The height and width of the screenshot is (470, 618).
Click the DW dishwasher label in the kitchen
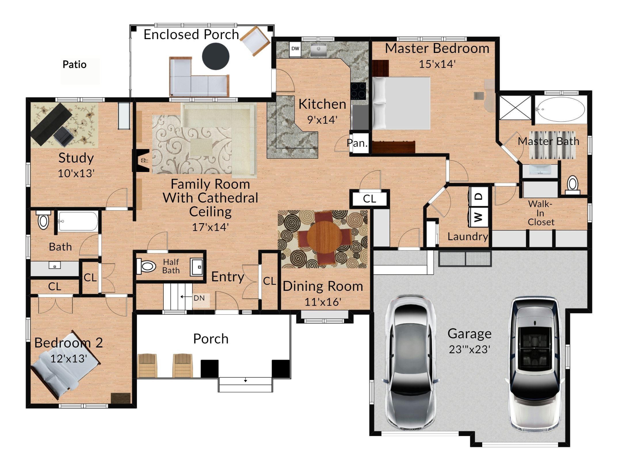[x=295, y=49]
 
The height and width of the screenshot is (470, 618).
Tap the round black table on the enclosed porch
[x=215, y=56]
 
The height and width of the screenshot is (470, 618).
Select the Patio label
[x=75, y=64]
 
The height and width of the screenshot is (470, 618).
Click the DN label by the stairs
[x=199, y=298]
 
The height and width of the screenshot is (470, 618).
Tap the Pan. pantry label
[x=357, y=143]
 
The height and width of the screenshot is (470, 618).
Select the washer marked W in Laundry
[x=478, y=217]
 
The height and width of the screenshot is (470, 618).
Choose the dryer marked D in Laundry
[x=478, y=196]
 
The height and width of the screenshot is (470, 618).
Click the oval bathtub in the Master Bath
[x=561, y=110]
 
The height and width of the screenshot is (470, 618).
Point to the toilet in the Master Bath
[x=573, y=185]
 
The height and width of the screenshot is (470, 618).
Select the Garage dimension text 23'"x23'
[x=470, y=349]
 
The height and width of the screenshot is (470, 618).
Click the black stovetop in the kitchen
[x=358, y=91]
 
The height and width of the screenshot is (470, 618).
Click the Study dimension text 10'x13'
[x=76, y=173]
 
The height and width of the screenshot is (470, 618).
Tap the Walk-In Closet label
[x=541, y=213]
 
